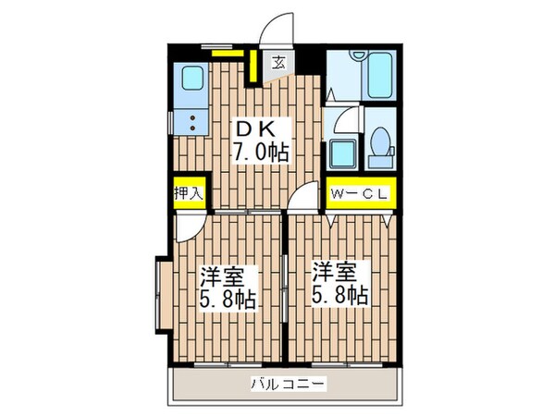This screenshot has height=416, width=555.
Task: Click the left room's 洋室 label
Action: (223, 275)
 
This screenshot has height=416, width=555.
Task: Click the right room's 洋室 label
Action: (335, 274)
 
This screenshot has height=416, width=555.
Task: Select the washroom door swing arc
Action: (342, 118)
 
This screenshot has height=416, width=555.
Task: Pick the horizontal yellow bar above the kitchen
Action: (223, 53)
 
